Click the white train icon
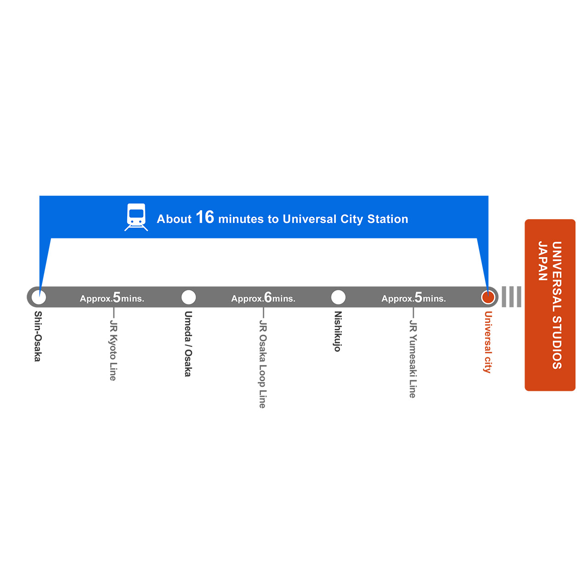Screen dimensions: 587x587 coord(136,217)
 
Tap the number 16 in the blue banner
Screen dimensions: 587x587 coord(205,217)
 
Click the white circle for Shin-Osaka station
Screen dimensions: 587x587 coord(39,297)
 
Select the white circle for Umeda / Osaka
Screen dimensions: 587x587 coord(189,297)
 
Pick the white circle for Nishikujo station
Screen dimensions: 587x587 coord(338,297)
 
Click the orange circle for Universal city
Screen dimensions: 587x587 coord(488,297)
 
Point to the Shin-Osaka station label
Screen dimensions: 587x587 coord(38,336)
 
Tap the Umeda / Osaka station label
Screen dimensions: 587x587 coord(188,344)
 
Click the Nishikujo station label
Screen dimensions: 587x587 coord(338,331)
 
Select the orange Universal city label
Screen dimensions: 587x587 coord(488,342)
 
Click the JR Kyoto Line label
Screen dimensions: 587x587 coord(113,350)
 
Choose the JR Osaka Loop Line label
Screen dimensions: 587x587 coord(263,364)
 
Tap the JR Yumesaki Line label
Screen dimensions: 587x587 coord(413,359)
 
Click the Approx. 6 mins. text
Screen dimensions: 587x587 coord(263,298)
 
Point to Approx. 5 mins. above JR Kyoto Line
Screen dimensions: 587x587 coord(112,298)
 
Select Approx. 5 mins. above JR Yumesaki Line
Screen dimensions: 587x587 coord(414,298)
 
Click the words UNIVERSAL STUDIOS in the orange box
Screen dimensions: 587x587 coord(557,305)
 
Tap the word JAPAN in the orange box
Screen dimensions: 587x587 coord(543,261)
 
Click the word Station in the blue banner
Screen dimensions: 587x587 coord(388,219)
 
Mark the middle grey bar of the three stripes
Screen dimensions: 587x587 coord(512,297)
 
